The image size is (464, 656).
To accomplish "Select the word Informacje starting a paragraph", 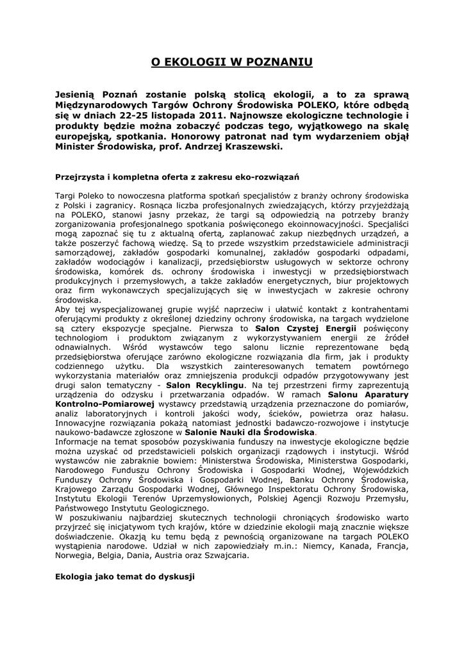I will (x=79, y=441).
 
